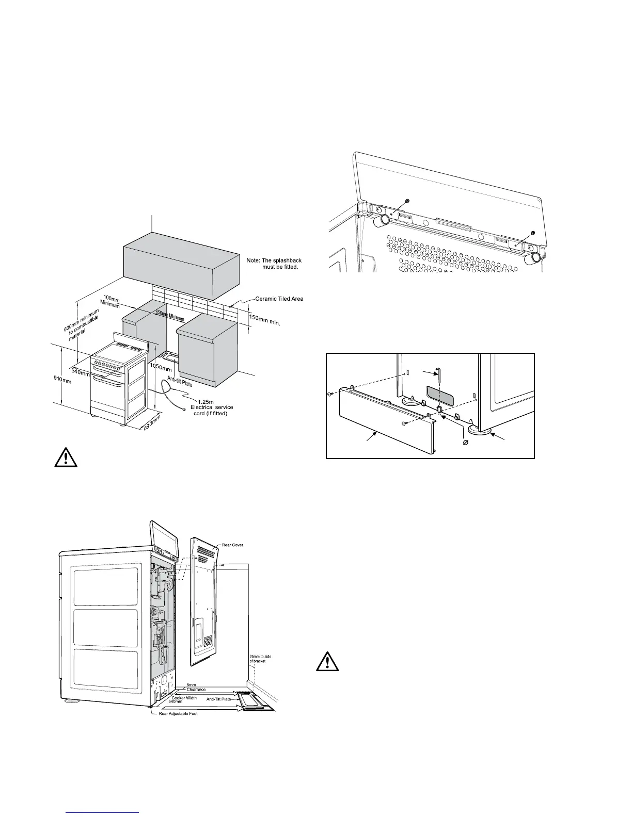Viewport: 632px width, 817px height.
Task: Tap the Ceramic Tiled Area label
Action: click(x=279, y=299)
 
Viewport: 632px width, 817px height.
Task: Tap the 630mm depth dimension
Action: click(x=152, y=423)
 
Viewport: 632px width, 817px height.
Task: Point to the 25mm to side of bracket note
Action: click(x=257, y=658)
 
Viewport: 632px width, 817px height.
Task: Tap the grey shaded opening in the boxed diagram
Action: click(x=440, y=395)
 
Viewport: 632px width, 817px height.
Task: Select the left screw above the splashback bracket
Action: click(x=408, y=200)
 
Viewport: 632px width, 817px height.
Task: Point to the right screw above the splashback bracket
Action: click(x=533, y=231)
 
